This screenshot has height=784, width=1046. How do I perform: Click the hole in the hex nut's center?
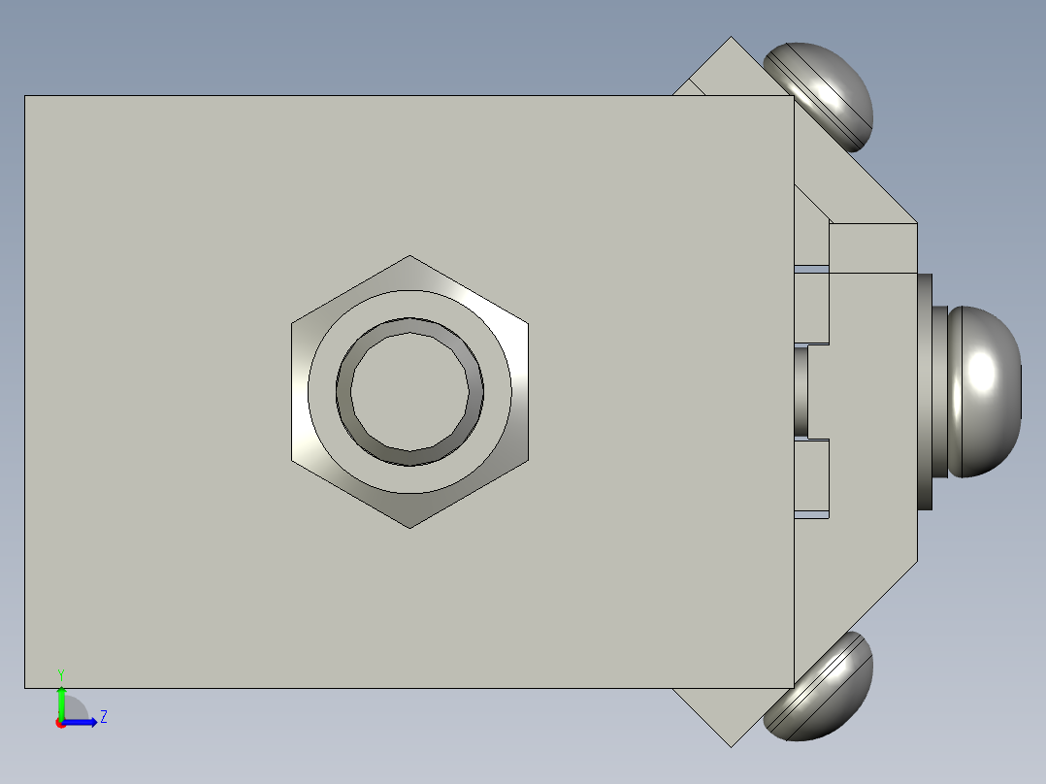click(409, 391)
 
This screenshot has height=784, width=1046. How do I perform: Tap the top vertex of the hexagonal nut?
click(409, 257)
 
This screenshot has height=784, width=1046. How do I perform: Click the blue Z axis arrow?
click(82, 722)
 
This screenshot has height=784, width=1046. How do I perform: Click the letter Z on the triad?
click(103, 717)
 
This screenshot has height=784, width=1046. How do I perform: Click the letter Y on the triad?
click(61, 673)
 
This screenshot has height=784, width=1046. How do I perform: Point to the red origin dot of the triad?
click(60, 723)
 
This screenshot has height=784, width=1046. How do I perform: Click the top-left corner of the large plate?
click(25, 96)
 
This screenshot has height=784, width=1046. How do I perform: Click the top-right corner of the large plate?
click(794, 96)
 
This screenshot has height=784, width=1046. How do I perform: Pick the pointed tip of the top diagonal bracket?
click(732, 39)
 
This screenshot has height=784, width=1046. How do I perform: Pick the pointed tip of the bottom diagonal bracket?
click(732, 745)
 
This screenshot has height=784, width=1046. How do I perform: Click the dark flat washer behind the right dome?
click(925, 391)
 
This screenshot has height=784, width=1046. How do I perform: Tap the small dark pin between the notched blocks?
click(801, 391)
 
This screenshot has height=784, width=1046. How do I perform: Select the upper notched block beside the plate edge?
click(813, 305)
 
